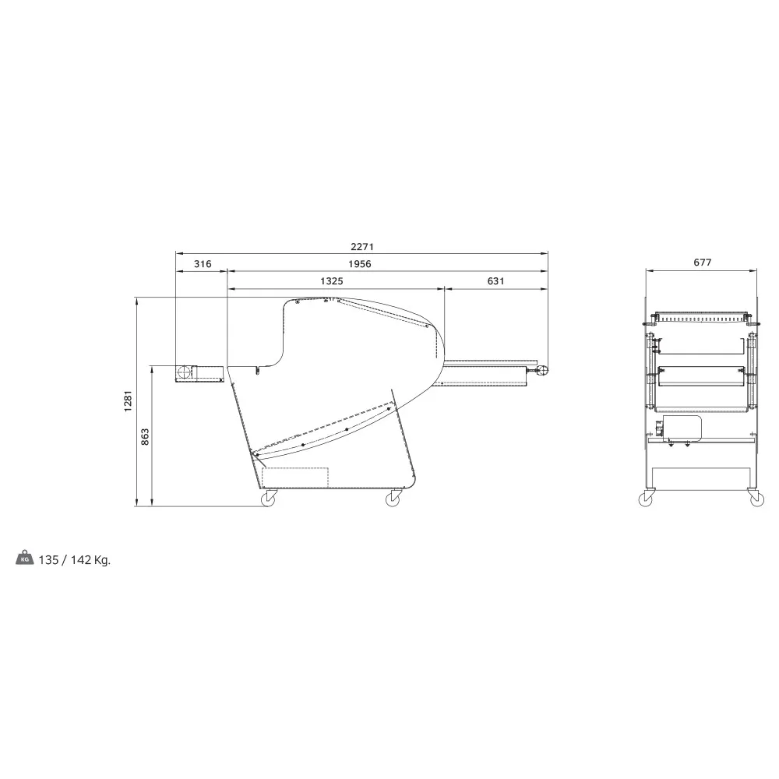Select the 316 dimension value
click(202, 264)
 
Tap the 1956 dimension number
click(359, 264)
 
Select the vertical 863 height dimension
click(145, 437)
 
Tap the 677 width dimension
click(702, 263)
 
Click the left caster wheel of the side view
click(268, 499)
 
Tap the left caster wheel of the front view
click(646, 499)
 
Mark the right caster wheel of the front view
click(755, 499)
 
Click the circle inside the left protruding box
click(185, 373)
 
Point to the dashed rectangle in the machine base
click(295, 477)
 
